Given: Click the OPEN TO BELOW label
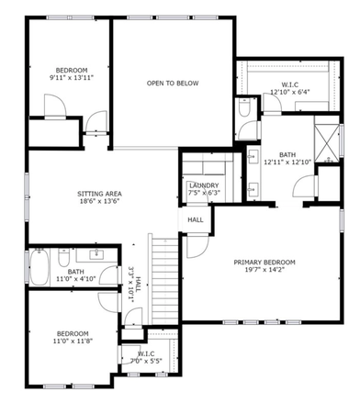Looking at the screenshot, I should [171, 83].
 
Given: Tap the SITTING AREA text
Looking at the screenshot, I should [99, 194].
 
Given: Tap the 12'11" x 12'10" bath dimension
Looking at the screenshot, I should [287, 162].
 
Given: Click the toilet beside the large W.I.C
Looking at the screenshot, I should [245, 108].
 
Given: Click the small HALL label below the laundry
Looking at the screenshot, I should [196, 220].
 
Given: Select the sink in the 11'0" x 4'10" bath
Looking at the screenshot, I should [96, 255].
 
